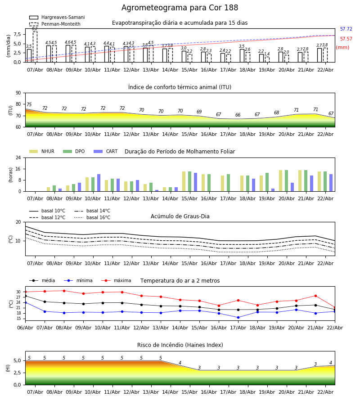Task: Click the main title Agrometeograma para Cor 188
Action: tap(180, 8)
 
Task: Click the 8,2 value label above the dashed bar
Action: tap(35, 29)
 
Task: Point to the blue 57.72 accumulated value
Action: tap(346, 29)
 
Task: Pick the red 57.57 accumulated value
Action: tap(346, 39)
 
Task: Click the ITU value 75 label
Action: tap(29, 105)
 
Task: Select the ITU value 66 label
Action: tap(238, 115)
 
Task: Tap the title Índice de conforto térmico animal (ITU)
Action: tap(180, 87)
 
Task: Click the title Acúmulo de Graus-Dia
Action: tap(180, 216)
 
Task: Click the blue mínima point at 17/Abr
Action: tap(238, 318)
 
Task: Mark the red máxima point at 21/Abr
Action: tap(315, 296)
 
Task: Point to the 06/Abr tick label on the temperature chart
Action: tap(25, 327)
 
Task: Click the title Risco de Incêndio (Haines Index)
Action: tap(180, 345)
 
